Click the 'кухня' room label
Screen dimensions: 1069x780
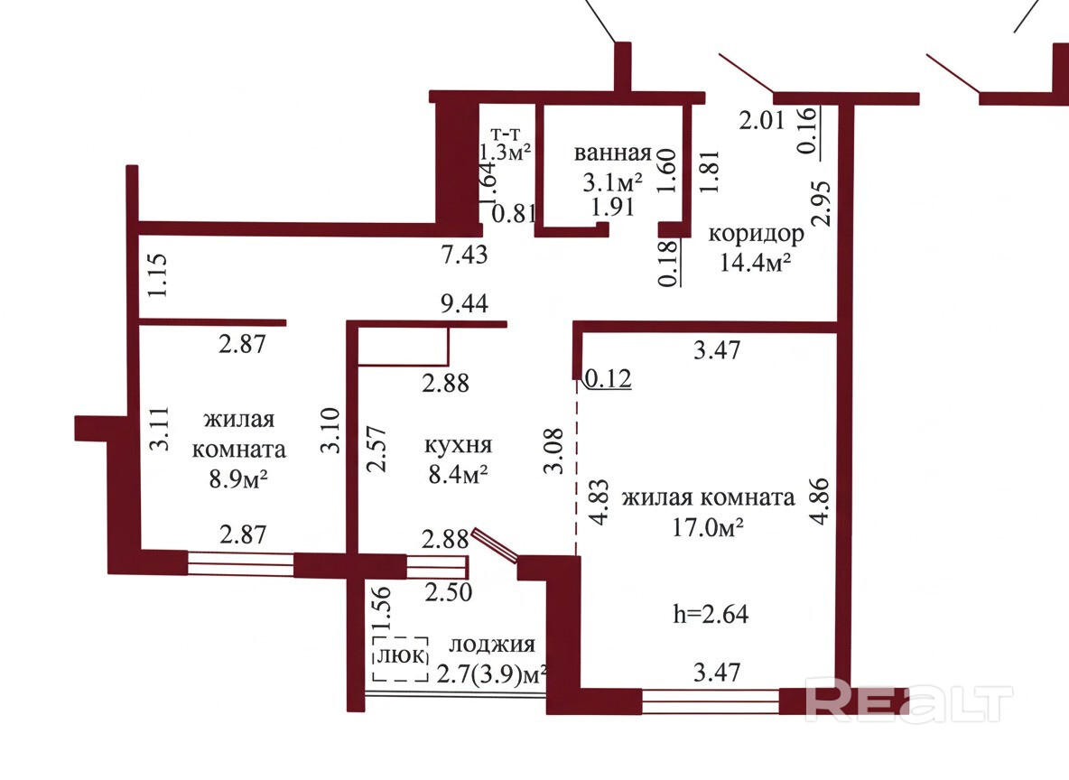point(458,445)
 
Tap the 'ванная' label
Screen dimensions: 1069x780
point(613,153)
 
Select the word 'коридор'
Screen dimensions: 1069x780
point(756,235)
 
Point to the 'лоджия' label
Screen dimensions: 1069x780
point(492,645)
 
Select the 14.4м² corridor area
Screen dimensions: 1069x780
point(756,263)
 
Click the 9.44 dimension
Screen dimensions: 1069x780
point(463,304)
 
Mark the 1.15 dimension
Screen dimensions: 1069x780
point(158,276)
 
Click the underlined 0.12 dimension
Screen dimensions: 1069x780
point(608,378)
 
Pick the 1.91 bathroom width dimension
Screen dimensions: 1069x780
point(613,207)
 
